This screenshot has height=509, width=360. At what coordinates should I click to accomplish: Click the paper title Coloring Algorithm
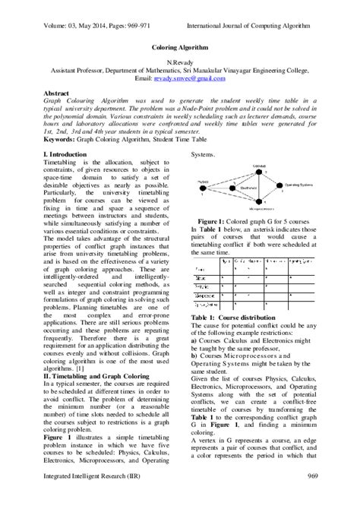coord(180,46)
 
